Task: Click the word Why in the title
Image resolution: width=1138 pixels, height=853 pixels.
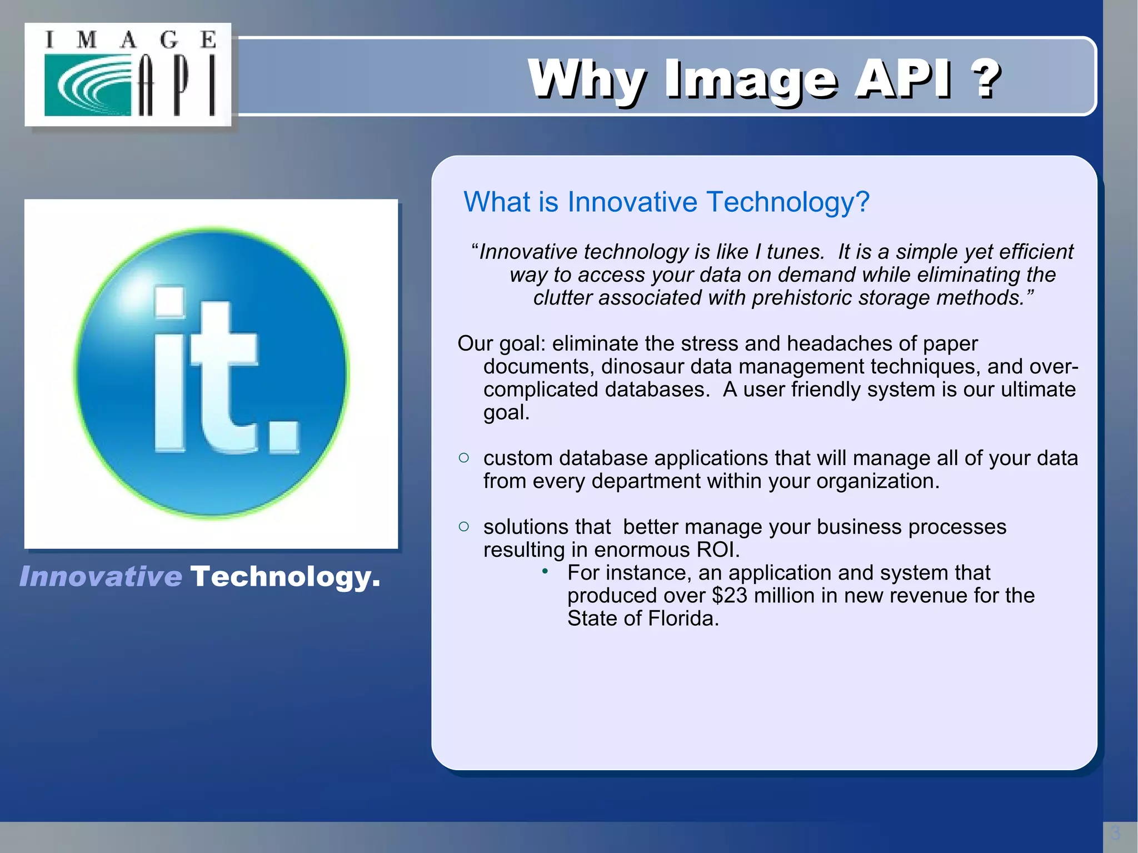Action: click(x=587, y=80)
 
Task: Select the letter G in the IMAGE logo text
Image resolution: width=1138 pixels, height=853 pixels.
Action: click(x=168, y=40)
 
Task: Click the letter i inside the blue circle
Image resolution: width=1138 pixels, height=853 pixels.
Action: click(x=169, y=369)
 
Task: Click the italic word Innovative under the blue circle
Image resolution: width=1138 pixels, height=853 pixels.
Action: click(x=101, y=576)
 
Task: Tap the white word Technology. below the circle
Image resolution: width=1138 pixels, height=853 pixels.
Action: click(x=285, y=577)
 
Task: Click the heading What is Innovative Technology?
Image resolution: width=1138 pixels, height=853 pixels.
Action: click(x=666, y=202)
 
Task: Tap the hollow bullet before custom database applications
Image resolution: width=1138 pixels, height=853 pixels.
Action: click(x=464, y=458)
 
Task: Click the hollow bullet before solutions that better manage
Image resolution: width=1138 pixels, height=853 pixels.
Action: click(x=464, y=526)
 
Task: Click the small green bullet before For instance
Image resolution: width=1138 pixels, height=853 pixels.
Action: click(x=545, y=571)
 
